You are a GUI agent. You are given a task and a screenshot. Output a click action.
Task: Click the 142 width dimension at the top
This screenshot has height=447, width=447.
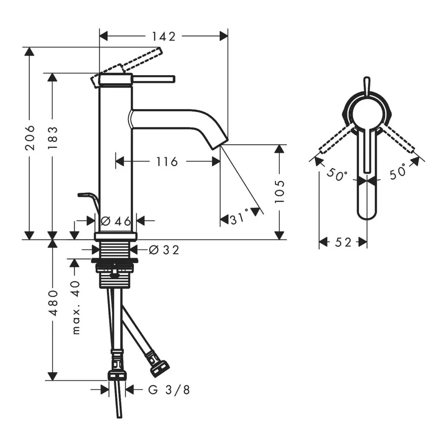click(164, 37)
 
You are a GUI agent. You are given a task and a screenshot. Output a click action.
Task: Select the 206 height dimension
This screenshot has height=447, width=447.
click(30, 137)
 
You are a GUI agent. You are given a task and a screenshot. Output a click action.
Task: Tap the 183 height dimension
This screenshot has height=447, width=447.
click(53, 138)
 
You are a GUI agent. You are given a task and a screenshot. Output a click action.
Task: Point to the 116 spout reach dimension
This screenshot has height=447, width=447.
click(167, 162)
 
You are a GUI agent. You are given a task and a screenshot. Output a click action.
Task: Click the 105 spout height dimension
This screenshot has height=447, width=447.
click(280, 191)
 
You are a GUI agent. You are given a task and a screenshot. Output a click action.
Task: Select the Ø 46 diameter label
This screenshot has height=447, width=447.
click(116, 221)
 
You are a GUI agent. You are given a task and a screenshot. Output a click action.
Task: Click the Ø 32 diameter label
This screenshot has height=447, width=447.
click(164, 250)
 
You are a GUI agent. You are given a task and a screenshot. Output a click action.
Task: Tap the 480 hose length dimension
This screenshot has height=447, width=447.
click(53, 303)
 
